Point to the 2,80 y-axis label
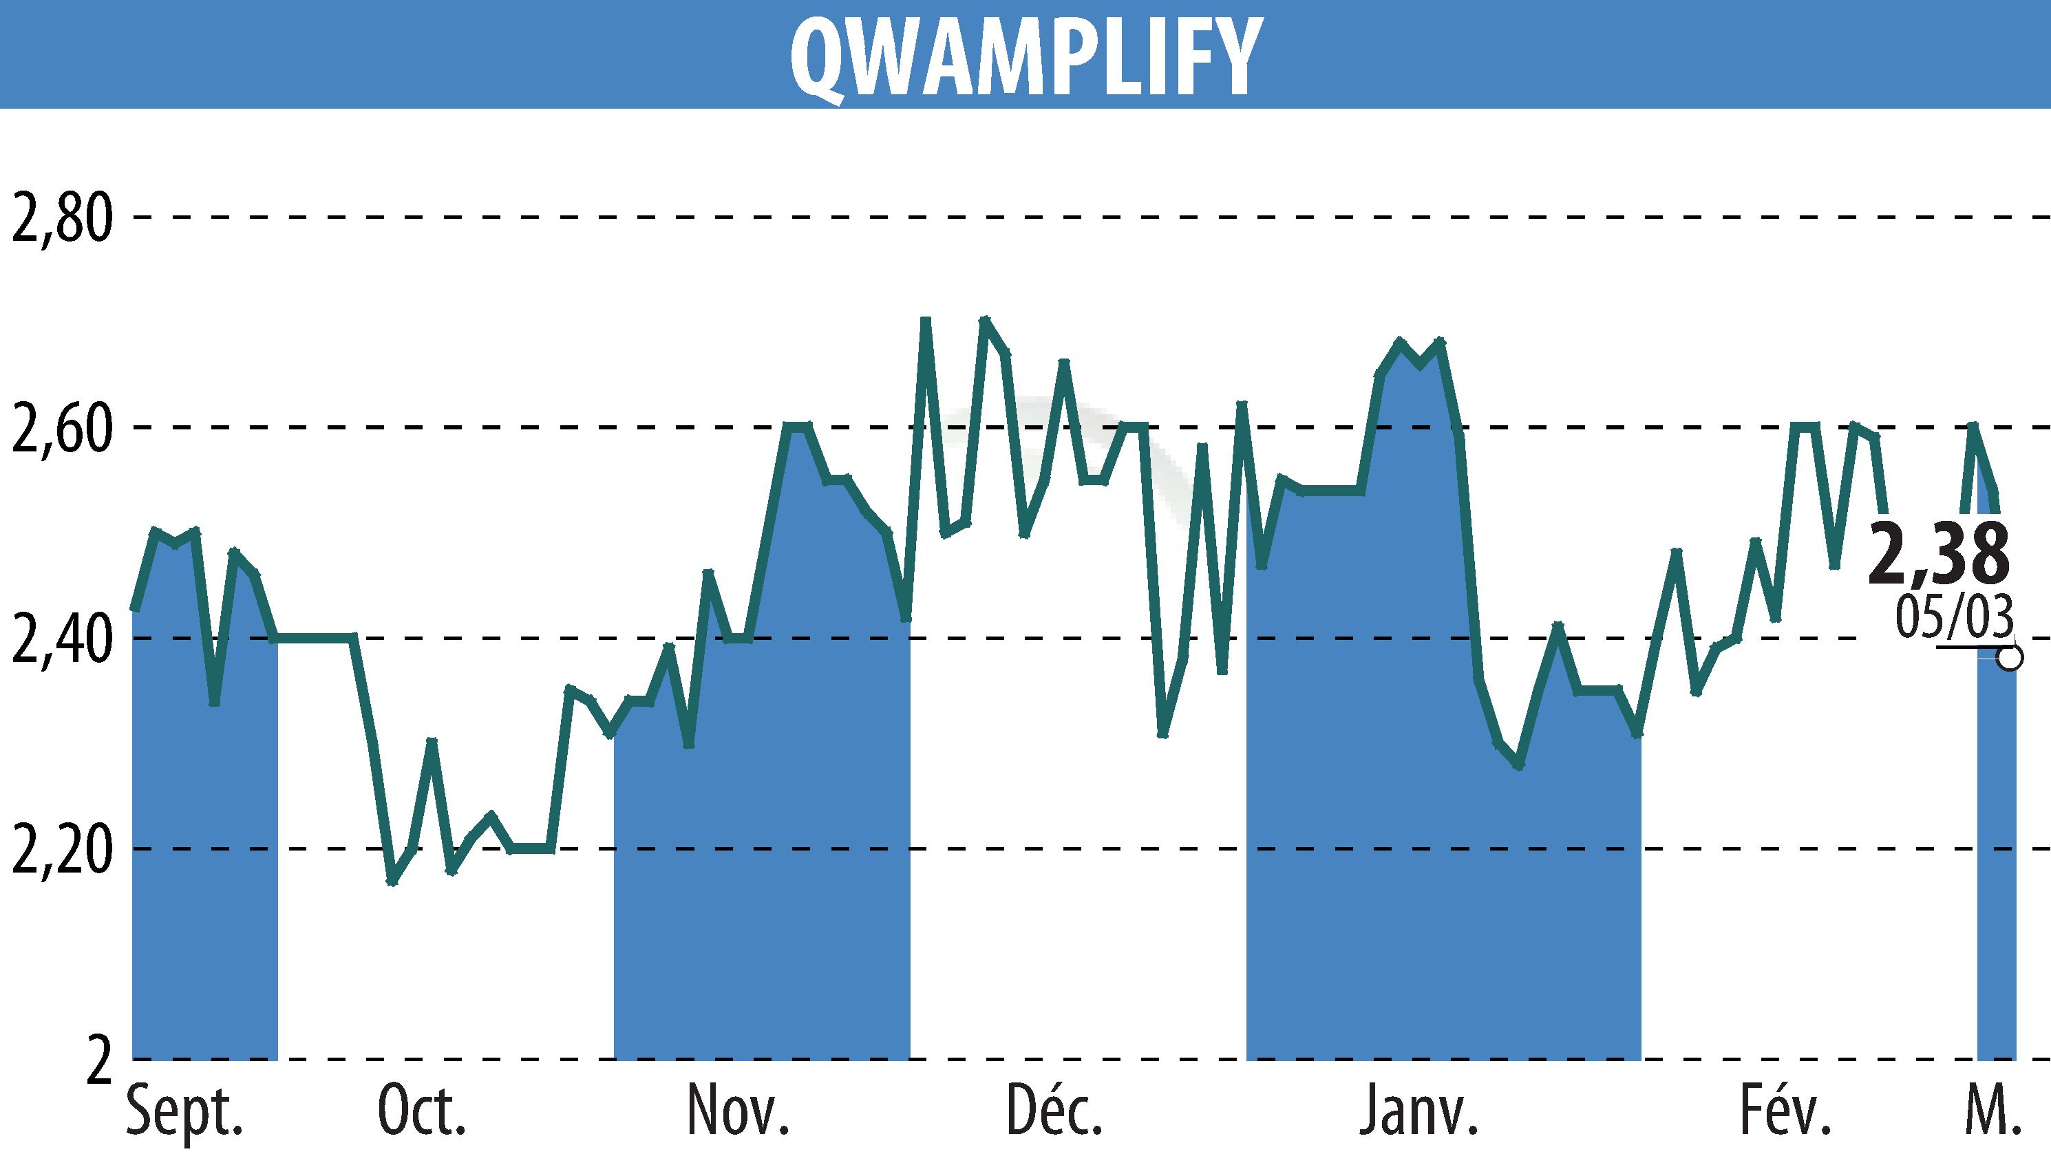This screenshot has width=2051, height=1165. coord(61,217)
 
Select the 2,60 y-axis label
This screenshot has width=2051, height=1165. coord(61,429)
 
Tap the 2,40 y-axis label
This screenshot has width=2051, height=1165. coord(61,639)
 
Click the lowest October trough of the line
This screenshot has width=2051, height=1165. coord(392,881)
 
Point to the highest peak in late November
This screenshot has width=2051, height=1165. coord(926,319)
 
